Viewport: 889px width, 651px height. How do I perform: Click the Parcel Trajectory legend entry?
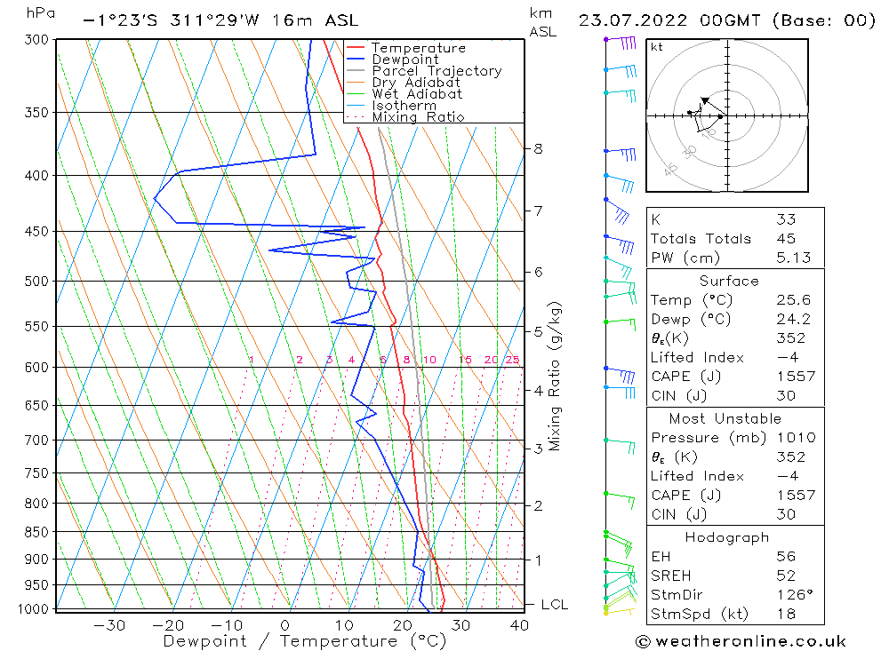[x=436, y=71]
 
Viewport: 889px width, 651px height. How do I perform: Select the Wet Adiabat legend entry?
[x=417, y=94]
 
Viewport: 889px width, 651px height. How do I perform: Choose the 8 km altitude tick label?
[x=538, y=149]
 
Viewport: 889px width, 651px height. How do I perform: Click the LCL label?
[x=554, y=605]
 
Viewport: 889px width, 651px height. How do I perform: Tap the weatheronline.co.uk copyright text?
[x=741, y=641]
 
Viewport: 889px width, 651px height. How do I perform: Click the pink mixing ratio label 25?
[x=512, y=360]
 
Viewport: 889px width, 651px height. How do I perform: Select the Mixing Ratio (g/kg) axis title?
[x=556, y=377]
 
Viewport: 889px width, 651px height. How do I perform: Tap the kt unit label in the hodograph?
[x=656, y=47]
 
